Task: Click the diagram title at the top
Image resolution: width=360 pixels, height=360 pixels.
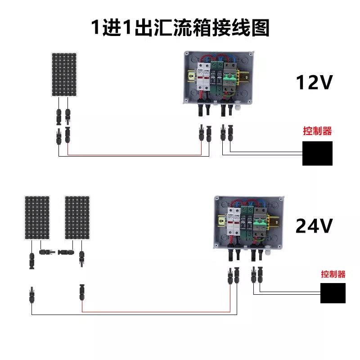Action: tap(180, 28)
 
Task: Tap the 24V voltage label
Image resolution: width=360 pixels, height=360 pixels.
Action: tap(314, 226)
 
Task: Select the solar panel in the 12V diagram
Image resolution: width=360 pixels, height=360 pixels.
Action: tap(64, 74)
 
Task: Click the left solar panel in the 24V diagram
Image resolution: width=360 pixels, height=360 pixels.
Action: tap(37, 218)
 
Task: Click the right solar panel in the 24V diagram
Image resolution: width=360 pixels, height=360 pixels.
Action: tap(77, 218)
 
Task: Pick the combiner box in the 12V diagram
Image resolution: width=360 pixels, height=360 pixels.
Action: tap(217, 77)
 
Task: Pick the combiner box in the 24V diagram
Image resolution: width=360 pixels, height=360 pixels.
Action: tap(249, 221)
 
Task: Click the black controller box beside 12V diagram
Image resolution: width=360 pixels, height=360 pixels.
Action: tap(317, 153)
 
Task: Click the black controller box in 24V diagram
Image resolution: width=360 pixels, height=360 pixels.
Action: tap(333, 293)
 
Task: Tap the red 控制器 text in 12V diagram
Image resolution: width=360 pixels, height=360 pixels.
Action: tap(317, 131)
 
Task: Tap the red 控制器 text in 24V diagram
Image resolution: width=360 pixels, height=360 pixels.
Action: tap(333, 274)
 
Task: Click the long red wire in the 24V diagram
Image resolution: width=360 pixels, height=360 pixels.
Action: tap(157, 311)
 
